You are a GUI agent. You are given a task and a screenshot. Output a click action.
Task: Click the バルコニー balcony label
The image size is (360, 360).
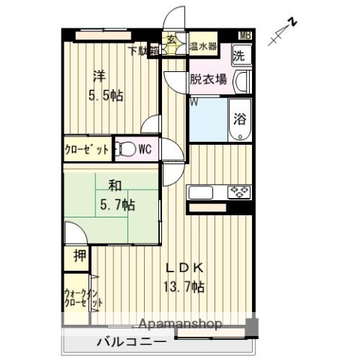(x=131, y=343)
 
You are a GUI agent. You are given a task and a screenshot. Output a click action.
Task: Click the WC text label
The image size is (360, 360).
(x=145, y=148)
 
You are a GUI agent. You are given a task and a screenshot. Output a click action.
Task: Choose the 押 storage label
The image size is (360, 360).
(x=79, y=256)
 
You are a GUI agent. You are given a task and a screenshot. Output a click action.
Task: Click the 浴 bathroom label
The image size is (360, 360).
(x=240, y=118)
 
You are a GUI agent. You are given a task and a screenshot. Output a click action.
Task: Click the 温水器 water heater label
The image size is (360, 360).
(x=202, y=46)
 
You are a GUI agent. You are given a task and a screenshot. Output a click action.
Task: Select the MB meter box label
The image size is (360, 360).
(x=246, y=35)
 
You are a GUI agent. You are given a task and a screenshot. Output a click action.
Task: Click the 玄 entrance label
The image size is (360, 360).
(x=171, y=40)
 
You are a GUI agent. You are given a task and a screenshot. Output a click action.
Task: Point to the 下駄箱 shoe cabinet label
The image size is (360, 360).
(x=142, y=51)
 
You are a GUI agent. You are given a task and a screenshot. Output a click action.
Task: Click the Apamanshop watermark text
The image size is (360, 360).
(x=181, y=325)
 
